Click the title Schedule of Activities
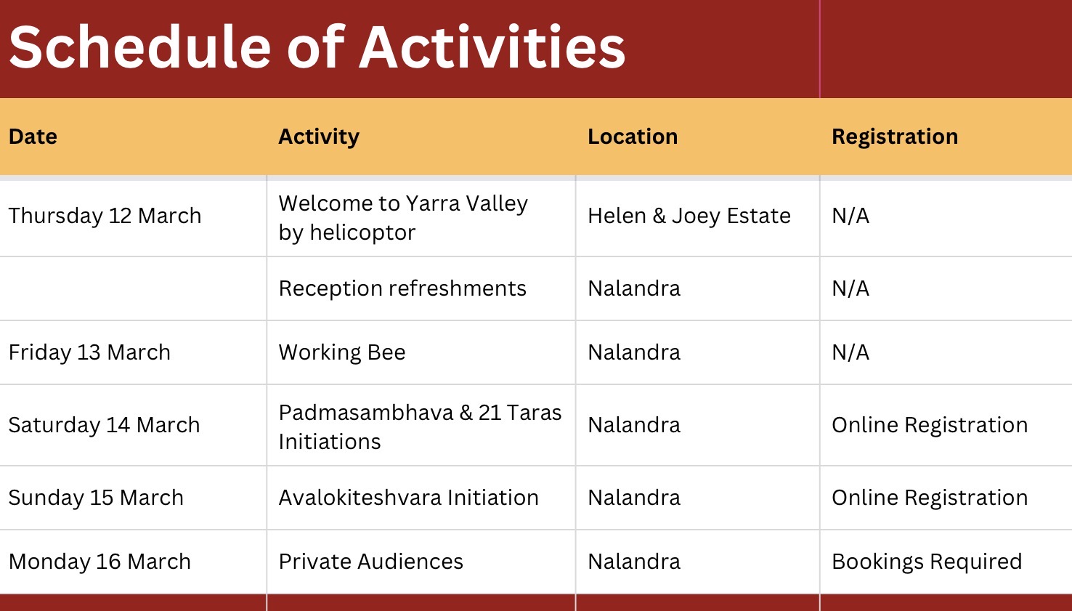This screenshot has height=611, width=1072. pyautogui.click(x=317, y=47)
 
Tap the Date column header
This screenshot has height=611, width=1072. pyautogui.click(x=33, y=137)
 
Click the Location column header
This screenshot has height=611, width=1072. pyautogui.click(x=633, y=137)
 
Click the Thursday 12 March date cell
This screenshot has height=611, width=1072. pyautogui.click(x=105, y=216)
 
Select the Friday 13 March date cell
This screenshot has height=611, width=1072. pyautogui.click(x=89, y=352)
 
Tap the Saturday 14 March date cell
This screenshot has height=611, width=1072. pyautogui.click(x=105, y=425)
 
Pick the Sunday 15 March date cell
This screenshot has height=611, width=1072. pyautogui.click(x=96, y=498)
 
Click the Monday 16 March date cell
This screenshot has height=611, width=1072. pyautogui.click(x=100, y=562)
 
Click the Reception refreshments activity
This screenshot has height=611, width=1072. pyautogui.click(x=402, y=288)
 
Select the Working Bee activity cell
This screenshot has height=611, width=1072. pyautogui.click(x=342, y=352)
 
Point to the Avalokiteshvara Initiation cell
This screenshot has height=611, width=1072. pyautogui.click(x=409, y=498)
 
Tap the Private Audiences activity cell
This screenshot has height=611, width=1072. pyautogui.click(x=371, y=562)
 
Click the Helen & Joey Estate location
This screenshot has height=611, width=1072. pyautogui.click(x=689, y=216)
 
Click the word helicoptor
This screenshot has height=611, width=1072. pyautogui.click(x=362, y=233)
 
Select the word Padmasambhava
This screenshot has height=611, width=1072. pyautogui.click(x=366, y=413)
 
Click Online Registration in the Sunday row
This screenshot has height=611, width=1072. pyautogui.click(x=930, y=498)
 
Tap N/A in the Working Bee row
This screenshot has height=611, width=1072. pyautogui.click(x=850, y=352)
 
